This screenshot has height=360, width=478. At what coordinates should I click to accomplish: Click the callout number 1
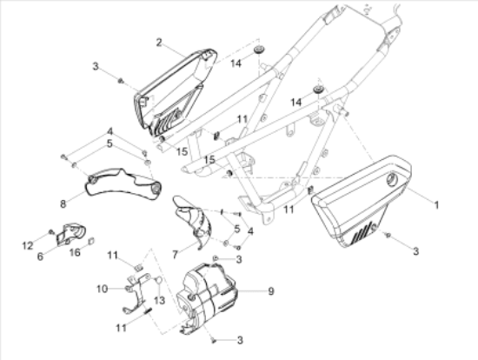pos(436,204)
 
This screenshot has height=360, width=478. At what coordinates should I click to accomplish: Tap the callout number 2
pos(159,43)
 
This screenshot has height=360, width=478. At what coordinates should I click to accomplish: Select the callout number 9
pos(271,291)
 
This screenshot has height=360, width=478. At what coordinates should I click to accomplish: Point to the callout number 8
pos(63,203)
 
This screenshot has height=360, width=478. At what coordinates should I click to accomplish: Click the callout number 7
pos(175,255)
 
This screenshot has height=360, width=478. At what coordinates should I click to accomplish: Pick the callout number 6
pos(40,257)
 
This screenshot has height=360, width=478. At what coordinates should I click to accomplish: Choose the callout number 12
pos(28,245)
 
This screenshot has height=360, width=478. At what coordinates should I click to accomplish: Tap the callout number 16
pos(75,252)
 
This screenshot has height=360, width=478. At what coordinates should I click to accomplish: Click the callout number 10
pos(103,289)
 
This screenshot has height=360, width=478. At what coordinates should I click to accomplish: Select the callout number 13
pos(159,301)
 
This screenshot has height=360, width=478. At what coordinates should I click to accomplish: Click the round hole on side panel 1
pos(391,179)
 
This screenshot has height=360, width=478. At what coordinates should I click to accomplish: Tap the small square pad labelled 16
pos(91,242)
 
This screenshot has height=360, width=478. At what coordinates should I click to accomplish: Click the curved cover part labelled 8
pos(122,184)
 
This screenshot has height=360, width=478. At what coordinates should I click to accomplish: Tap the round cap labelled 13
pos(158,280)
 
